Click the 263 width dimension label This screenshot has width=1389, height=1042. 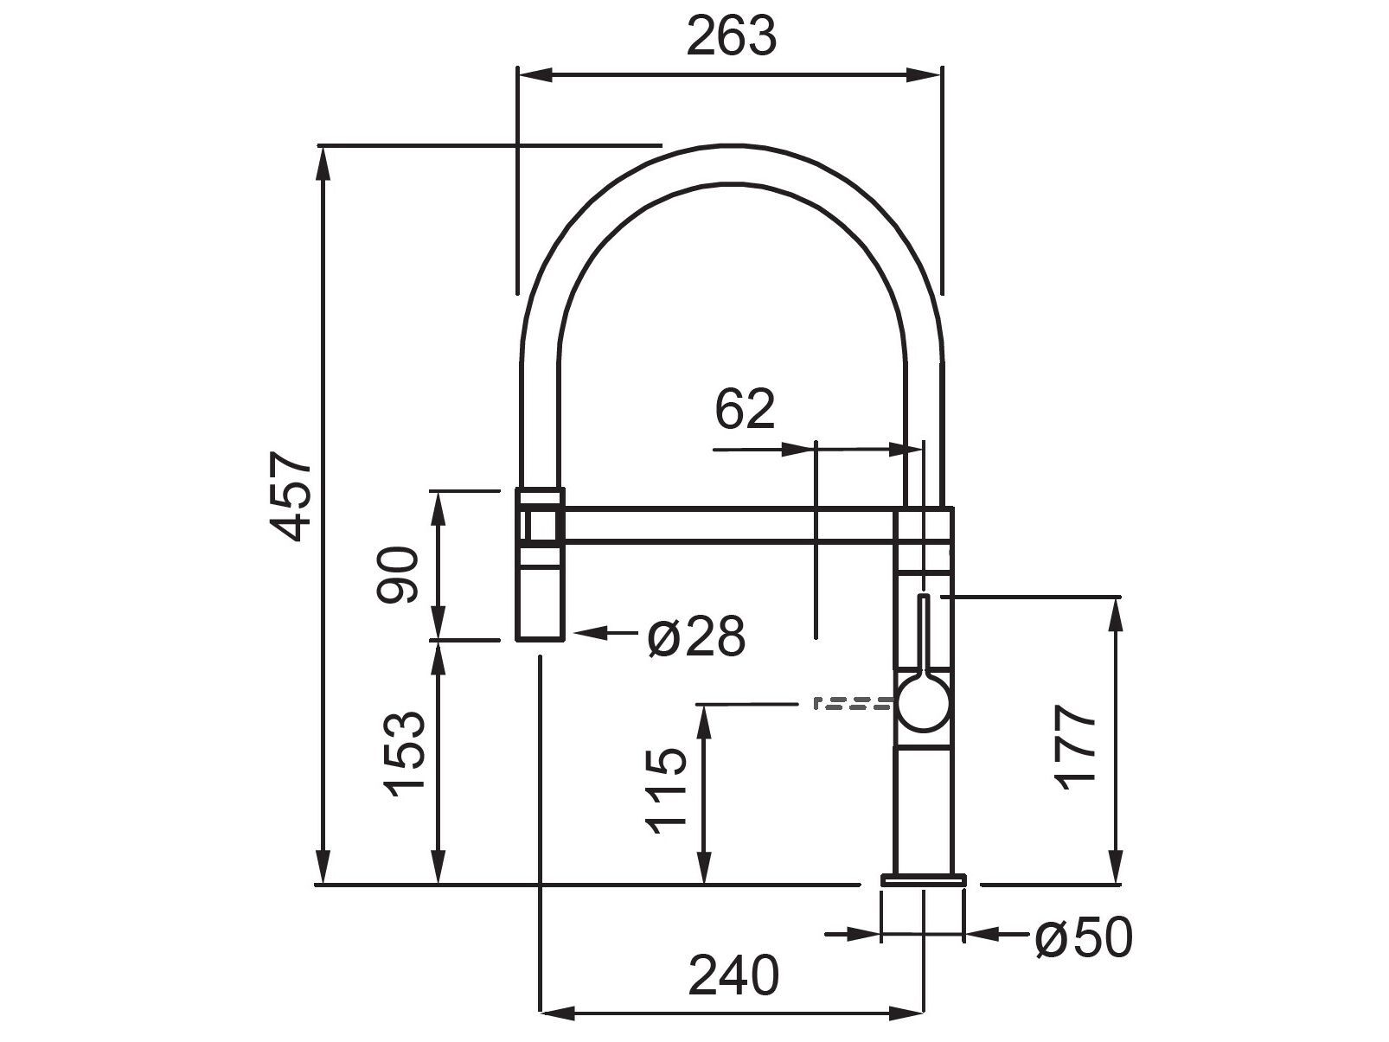pos(732,36)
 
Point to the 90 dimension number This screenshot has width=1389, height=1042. pos(399,574)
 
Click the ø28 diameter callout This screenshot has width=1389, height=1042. pos(695,637)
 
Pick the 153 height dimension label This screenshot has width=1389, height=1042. pos(406,754)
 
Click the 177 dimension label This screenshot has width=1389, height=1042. pos(1076,746)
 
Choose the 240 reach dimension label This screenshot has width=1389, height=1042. pos(733,975)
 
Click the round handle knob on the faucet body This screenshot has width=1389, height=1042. pos(925,703)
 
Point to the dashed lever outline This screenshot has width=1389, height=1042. pos(852,702)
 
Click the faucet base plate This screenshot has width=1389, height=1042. pos(923,879)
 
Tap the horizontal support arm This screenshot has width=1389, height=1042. pos(731,525)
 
